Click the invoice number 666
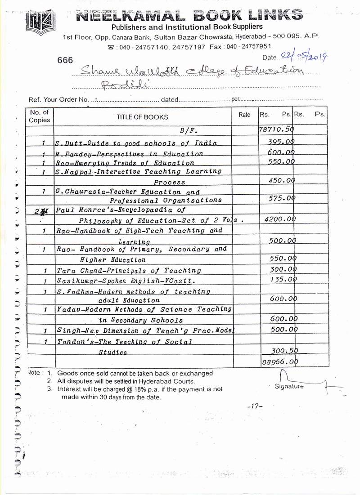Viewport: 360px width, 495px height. point(65,60)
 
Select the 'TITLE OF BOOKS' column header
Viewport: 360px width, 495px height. point(142,117)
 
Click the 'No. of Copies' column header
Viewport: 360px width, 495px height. point(40,116)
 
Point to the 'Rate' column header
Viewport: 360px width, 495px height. point(244,115)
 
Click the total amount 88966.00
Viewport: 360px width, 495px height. point(279,361)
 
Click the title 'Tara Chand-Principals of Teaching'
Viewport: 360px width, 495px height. point(129,271)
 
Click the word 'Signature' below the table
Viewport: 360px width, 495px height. point(289,386)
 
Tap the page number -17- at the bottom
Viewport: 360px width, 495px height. point(255,406)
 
